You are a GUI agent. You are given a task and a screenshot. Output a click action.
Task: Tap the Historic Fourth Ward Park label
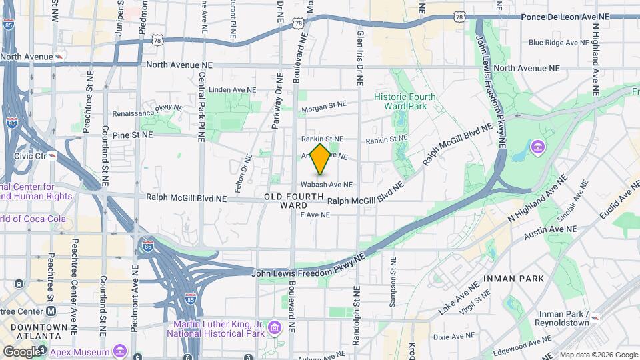405,101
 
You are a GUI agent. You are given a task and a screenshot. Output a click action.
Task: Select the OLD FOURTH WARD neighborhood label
294,201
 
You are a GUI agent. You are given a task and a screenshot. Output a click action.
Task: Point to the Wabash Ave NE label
326,184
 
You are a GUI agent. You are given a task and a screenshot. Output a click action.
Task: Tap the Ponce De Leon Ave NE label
565,17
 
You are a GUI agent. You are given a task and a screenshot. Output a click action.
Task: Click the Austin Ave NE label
549,229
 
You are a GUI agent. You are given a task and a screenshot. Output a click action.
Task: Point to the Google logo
22,351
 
